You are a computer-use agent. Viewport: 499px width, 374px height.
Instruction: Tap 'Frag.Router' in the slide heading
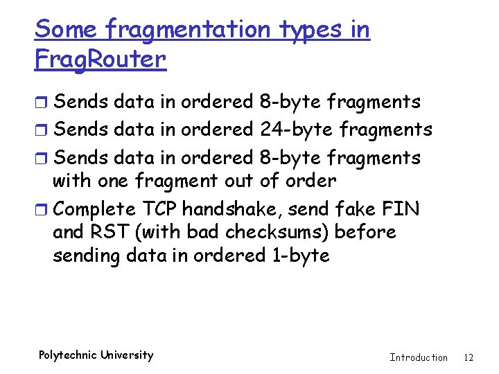[100, 60]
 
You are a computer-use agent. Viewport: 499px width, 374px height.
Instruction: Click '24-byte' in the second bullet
[290, 130]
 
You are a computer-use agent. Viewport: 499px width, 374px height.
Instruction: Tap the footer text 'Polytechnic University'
[96, 355]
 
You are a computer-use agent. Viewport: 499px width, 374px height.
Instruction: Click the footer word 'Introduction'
[419, 357]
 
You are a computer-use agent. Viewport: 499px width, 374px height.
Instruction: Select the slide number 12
[469, 357]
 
